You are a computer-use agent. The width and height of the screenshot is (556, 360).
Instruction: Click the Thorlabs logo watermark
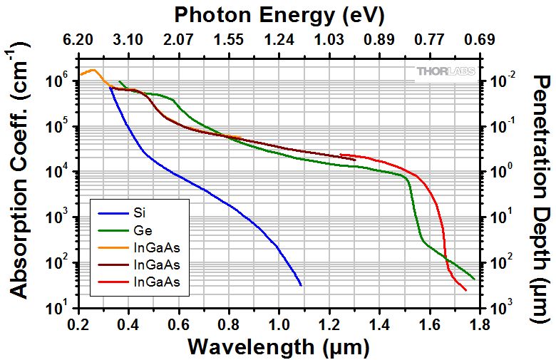[446, 72]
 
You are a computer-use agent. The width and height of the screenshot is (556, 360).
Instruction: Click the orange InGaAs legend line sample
[113, 247]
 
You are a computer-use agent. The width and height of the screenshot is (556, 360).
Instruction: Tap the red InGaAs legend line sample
[113, 282]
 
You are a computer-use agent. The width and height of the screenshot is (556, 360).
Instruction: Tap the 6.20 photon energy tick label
[78, 39]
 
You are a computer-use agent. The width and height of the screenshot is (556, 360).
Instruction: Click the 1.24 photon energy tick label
[279, 39]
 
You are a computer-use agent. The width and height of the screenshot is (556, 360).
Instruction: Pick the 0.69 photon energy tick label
[480, 39]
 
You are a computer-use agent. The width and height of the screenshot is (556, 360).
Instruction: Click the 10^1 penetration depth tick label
[500, 216]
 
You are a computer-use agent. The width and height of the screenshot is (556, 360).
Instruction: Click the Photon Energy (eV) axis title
[279, 15]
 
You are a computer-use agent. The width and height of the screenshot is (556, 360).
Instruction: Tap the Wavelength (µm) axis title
[279, 346]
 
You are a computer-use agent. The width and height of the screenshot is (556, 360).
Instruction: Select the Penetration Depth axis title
[542, 199]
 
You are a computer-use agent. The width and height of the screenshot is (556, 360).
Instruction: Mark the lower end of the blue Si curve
[301, 285]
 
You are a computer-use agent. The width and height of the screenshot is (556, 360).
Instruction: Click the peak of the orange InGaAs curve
[94, 70]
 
